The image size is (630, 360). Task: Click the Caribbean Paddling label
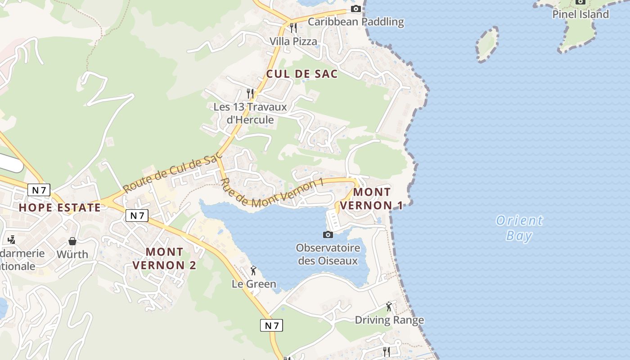(x=355, y=22)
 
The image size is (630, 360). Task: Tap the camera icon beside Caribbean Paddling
(x=355, y=9)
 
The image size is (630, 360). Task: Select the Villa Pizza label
(x=293, y=41)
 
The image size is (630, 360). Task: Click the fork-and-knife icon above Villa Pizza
(x=293, y=28)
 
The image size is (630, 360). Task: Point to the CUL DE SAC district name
(x=302, y=74)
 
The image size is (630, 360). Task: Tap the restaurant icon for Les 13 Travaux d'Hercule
(x=251, y=94)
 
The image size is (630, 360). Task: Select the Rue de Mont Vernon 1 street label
(x=272, y=193)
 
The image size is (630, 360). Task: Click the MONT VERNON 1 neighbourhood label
(x=372, y=198)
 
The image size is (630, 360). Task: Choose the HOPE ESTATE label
(x=60, y=207)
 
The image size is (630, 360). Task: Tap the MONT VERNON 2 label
(x=165, y=258)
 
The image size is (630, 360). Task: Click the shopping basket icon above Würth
(x=72, y=241)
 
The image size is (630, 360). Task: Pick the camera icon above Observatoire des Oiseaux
(x=328, y=234)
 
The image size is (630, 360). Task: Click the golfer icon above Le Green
(x=253, y=270)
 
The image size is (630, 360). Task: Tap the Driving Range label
(x=389, y=320)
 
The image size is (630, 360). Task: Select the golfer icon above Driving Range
(x=389, y=307)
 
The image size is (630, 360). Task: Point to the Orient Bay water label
(x=519, y=228)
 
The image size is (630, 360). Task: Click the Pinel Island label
(x=580, y=14)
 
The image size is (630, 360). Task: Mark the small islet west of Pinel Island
(x=487, y=44)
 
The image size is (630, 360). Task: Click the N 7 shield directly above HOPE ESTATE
(x=39, y=190)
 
